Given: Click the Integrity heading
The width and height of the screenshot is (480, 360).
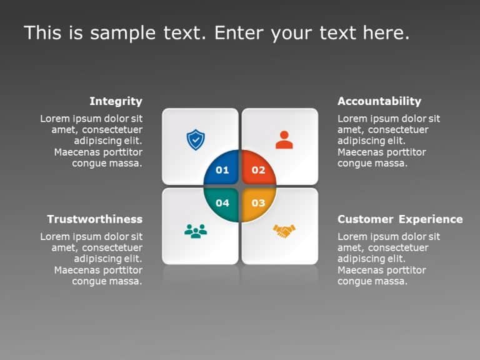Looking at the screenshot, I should click(116, 101).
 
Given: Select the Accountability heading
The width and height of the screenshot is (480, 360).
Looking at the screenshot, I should click(379, 101).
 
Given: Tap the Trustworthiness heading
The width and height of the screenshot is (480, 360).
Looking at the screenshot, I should click(94, 219).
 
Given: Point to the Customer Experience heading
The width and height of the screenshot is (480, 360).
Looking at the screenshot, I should click(400, 219).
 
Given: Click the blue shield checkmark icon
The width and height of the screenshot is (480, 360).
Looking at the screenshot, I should click(196, 139).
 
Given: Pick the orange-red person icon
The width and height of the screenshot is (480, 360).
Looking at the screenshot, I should click(284, 139).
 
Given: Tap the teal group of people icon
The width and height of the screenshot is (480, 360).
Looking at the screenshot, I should click(196, 231).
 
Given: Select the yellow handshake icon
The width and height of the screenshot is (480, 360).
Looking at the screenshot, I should click(284, 231).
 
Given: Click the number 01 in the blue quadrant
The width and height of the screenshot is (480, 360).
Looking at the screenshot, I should click(222, 170).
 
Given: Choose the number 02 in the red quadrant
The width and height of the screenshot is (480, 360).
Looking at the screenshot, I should click(258, 170).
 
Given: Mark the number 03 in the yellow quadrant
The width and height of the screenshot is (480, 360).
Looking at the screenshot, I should click(258, 203).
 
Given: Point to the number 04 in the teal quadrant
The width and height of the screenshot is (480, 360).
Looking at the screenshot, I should click(222, 203).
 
